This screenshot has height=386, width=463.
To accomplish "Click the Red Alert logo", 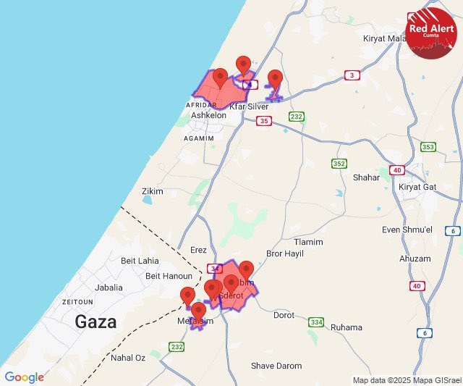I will coord(431,33).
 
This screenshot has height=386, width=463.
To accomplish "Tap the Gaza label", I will coord(95,322).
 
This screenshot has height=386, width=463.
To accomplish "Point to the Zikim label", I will coord(153,191).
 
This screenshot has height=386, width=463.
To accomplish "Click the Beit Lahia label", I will coord(140,261).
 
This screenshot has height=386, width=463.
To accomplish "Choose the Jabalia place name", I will coord(109,288).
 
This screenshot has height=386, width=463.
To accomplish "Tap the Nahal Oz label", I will coord(128,358).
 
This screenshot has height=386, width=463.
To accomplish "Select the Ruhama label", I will coord(346,327).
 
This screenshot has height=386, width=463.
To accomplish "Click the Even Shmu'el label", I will coord(407,230).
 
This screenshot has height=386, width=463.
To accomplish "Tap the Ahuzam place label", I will coord(415,259).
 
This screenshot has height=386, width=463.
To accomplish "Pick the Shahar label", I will coord(366,177).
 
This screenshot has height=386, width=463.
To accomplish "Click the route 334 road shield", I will coord(315,322).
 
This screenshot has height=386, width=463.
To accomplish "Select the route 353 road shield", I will coord(428,147).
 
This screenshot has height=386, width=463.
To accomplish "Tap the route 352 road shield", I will coord(339,164).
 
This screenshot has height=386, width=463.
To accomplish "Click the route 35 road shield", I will coord(264,121).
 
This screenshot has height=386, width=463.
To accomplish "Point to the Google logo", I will coord(24,377).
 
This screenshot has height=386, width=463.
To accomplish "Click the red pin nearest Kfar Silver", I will coord(274,80).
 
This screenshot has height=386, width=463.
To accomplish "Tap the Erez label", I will coord(198,250).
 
